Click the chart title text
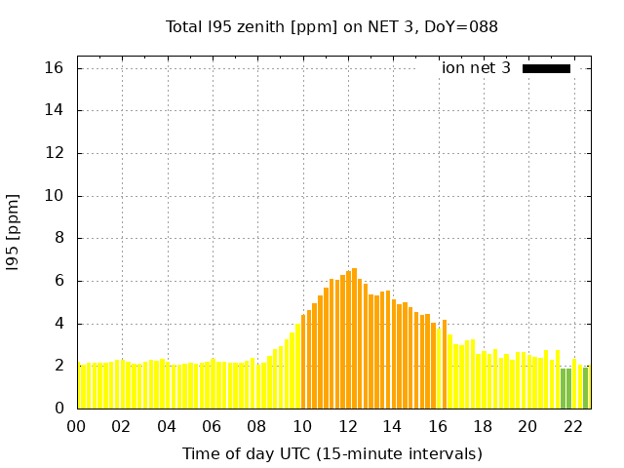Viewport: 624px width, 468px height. click(331, 27)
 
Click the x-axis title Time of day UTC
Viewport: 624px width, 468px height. click(331, 453)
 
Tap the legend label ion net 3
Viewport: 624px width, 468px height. click(476, 68)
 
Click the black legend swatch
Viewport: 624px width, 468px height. click(546, 68)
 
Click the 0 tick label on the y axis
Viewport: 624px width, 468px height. click(58, 409)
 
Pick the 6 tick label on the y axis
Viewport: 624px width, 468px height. click(58, 281)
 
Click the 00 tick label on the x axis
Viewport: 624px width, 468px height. click(76, 426)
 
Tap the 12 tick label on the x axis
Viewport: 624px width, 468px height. click(348, 426)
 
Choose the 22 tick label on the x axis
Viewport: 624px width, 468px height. click(573, 426)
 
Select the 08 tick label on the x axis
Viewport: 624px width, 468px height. click(257, 426)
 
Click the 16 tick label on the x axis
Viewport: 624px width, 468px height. click(438, 426)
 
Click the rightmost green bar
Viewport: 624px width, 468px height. click(585, 388)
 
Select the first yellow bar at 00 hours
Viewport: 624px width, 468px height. click(82, 386)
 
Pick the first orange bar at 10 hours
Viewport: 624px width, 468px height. click(303, 362)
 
